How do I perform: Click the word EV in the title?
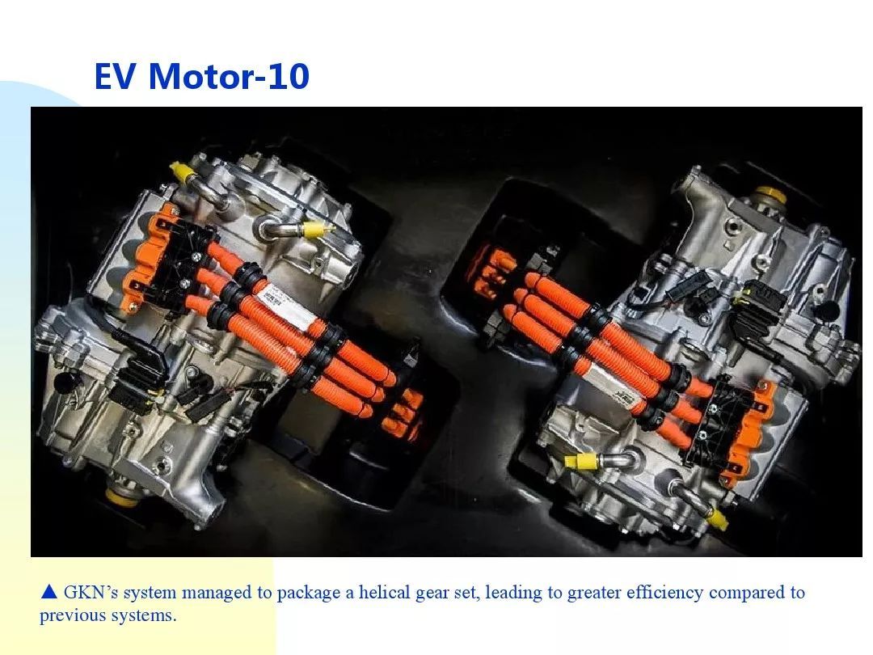click(x=115, y=76)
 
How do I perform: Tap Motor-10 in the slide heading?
click(x=229, y=76)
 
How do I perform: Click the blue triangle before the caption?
click(x=49, y=591)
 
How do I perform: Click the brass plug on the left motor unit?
click(x=120, y=496)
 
